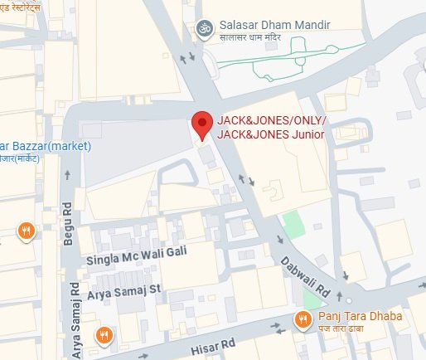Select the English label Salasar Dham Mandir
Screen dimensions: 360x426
click(x=276, y=25)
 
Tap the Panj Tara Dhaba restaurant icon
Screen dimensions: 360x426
click(x=304, y=319)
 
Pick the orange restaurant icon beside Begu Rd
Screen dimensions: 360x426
click(x=27, y=231)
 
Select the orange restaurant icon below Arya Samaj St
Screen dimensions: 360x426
click(x=104, y=335)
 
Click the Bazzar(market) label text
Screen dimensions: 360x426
click(x=46, y=145)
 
